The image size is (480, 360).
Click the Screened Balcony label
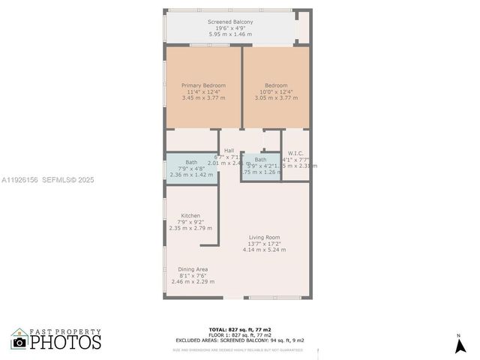point(230,22)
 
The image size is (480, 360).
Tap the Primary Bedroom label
point(203,85)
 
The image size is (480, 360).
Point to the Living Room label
point(265,237)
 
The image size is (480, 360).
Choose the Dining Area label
point(193,269)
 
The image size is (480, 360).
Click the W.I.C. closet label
point(295,154)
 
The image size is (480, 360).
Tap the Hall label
point(229,151)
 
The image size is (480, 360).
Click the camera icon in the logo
point(19,342)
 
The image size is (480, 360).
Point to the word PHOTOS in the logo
point(66,343)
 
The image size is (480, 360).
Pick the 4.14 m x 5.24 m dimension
point(265,250)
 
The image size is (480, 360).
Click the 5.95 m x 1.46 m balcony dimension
point(230,34)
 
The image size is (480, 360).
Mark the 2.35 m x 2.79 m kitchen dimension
point(190,228)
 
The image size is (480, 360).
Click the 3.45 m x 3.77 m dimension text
point(203,97)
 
